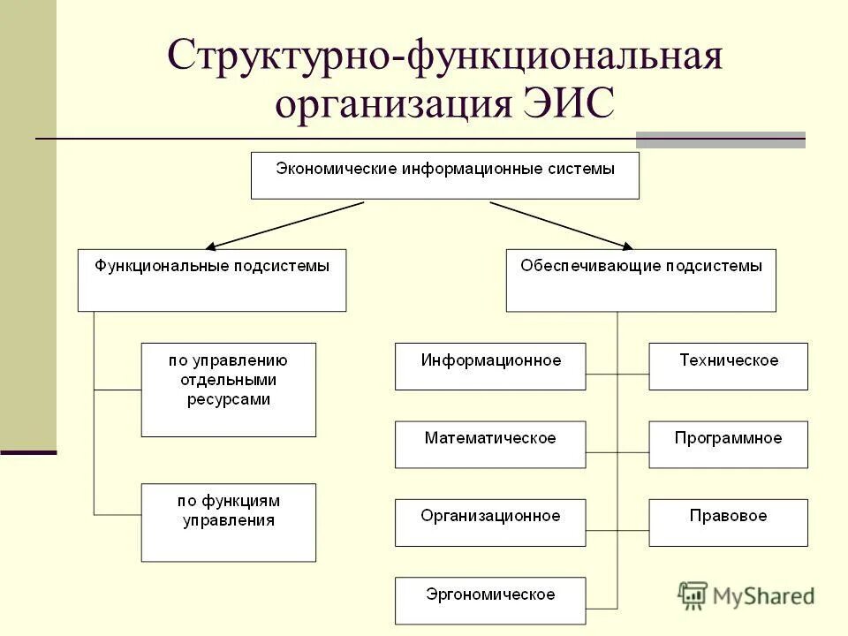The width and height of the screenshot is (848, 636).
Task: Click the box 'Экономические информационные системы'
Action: point(445,175)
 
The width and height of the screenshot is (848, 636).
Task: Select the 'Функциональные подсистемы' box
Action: point(212,279)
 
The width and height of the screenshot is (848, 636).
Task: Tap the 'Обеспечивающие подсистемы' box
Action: point(640,279)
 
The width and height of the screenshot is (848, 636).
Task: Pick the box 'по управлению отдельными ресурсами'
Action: point(228,389)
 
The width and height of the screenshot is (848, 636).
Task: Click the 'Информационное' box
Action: point(490,366)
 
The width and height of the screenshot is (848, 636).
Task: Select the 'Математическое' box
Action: point(490,444)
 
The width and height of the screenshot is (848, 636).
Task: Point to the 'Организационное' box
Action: point(490,522)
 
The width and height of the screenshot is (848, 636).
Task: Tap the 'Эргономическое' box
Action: point(490,601)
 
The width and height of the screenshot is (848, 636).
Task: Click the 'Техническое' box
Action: point(728,366)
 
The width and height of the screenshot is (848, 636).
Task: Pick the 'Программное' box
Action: point(728,444)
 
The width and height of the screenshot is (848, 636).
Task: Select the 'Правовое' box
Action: point(728,522)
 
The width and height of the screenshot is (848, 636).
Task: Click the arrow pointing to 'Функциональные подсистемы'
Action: point(283,225)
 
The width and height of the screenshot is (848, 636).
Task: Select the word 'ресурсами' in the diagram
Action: point(228,399)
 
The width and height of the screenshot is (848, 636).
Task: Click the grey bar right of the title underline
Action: point(721,140)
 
